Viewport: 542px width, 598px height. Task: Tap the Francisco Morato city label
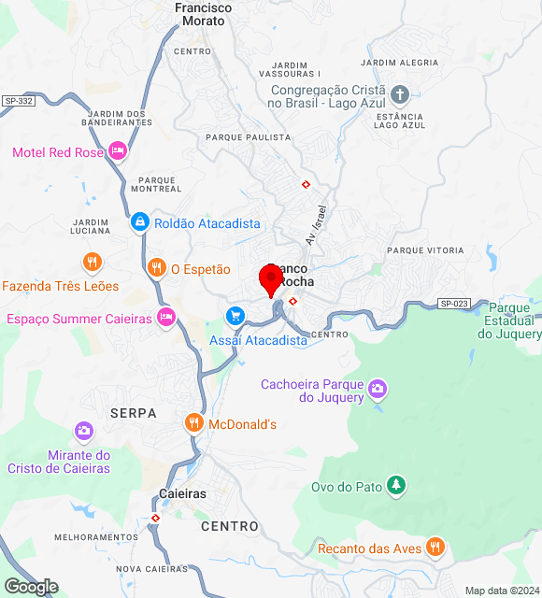pos(203,13)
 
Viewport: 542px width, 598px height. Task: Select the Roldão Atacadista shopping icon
pos(139,222)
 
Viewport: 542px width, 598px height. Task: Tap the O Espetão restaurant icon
pos(156,268)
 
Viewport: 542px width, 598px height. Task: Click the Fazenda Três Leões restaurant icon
pos(92,262)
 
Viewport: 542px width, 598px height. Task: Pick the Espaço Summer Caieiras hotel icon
pos(166,318)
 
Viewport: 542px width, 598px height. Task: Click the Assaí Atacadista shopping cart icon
pos(234,315)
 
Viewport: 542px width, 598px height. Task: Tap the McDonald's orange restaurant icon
pos(193,423)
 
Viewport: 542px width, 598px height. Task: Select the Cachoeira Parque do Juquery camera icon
pos(377,388)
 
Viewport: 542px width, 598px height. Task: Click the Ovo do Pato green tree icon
pos(397,485)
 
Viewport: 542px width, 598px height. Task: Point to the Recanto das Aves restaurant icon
pos(434,548)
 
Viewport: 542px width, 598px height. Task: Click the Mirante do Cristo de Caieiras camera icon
pos(84,431)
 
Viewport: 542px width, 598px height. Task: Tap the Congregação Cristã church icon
pos(400,94)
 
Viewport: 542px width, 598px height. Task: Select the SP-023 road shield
pos(453,303)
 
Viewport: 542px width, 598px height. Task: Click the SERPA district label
pos(134,412)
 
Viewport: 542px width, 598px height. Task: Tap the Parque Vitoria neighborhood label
pos(425,250)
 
